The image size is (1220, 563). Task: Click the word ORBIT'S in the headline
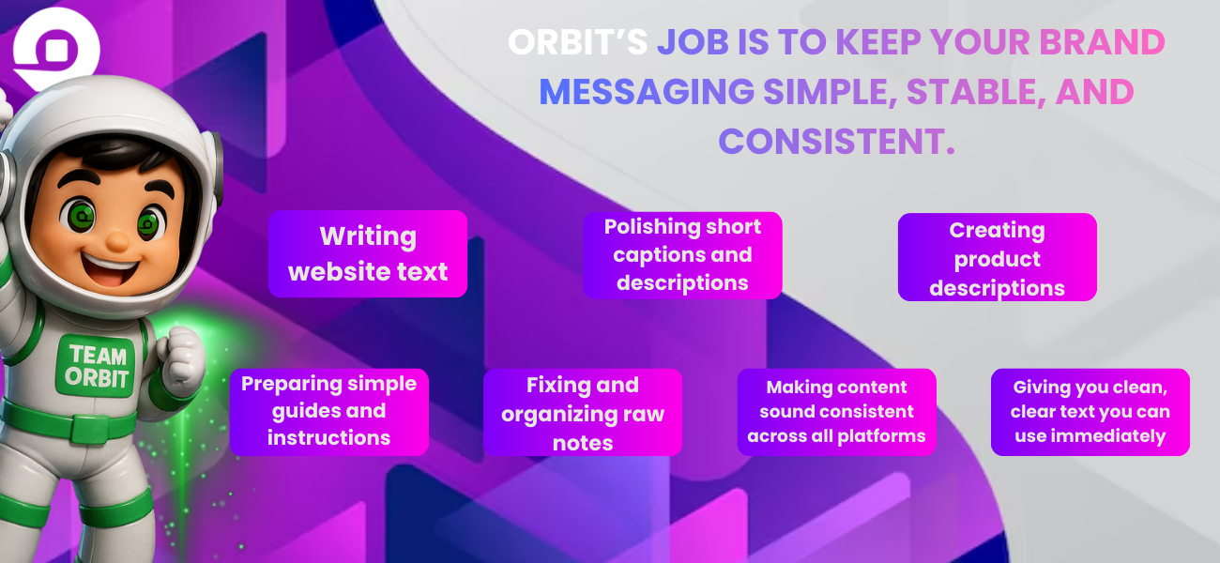click(578, 42)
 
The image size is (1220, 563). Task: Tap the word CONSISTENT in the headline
click(831, 141)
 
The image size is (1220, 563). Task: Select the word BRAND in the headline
click(1103, 42)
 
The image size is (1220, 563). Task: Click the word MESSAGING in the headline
click(647, 91)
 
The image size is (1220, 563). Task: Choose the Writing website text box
click(368, 253)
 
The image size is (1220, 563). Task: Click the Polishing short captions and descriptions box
click(682, 255)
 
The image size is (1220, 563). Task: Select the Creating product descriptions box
click(998, 257)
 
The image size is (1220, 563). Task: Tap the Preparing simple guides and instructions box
click(329, 412)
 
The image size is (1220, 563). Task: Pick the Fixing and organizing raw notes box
click(583, 412)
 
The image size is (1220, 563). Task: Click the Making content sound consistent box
click(836, 412)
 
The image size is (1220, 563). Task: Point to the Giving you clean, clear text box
click(1090, 412)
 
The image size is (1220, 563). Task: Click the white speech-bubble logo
click(56, 48)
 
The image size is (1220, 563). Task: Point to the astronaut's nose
click(116, 241)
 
